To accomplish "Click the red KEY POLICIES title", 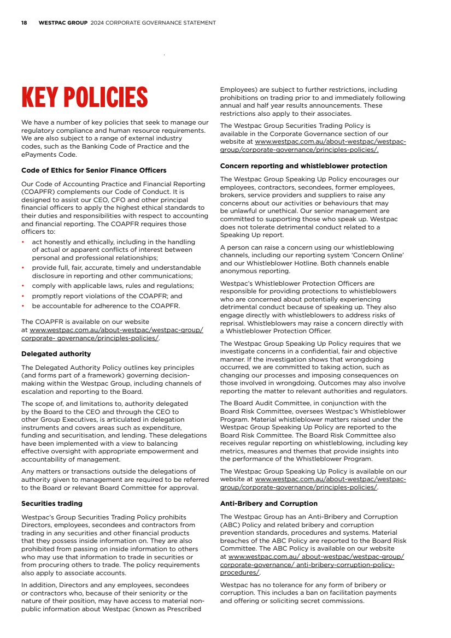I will [x=84, y=97].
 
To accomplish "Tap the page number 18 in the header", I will [x=24, y=23].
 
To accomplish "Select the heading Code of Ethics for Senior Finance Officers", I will [x=93, y=170].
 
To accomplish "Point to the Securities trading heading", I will [x=52, y=503].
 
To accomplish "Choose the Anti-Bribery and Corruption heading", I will [x=268, y=503].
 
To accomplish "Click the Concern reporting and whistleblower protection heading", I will [x=303, y=166].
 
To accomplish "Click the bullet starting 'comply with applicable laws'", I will [x=113, y=286].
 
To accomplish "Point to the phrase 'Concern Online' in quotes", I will [x=383, y=255].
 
